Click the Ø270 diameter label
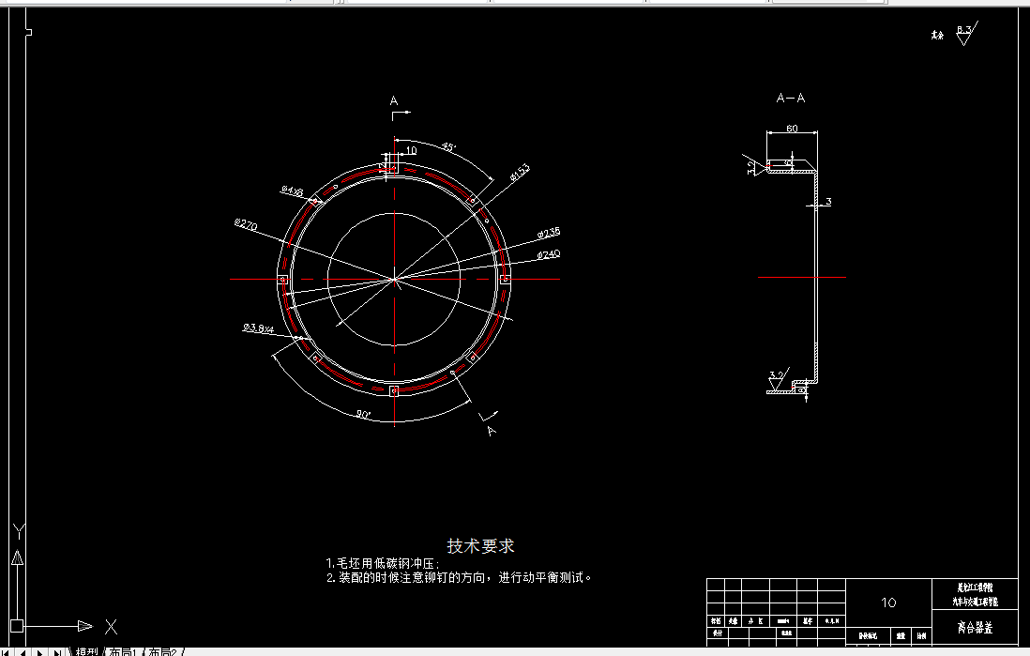[246, 224]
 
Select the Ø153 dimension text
[520, 171]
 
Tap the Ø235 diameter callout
[549, 233]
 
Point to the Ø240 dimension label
[549, 254]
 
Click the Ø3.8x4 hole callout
[258, 328]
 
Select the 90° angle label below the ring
[363, 414]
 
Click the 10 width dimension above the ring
[411, 150]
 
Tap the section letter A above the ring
[394, 100]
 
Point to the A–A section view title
[791, 98]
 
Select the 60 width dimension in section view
[792, 129]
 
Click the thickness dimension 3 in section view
[828, 202]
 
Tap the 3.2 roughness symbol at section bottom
[776, 375]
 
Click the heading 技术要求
[481, 545]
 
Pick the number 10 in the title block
[889, 602]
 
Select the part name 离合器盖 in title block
[976, 627]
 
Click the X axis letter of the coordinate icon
[111, 626]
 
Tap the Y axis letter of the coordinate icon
[17, 531]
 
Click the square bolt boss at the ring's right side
[505, 279]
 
